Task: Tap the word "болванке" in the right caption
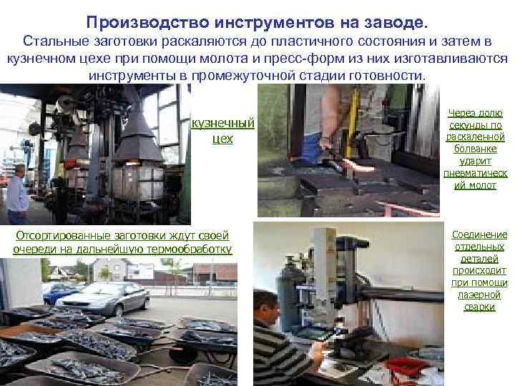[x=475, y=149]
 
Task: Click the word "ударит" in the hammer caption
[x=475, y=161]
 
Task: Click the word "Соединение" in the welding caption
[x=479, y=234]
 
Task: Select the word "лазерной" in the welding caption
[x=479, y=295]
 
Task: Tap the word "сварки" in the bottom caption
[x=479, y=307]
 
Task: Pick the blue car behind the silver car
[x=57, y=292]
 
